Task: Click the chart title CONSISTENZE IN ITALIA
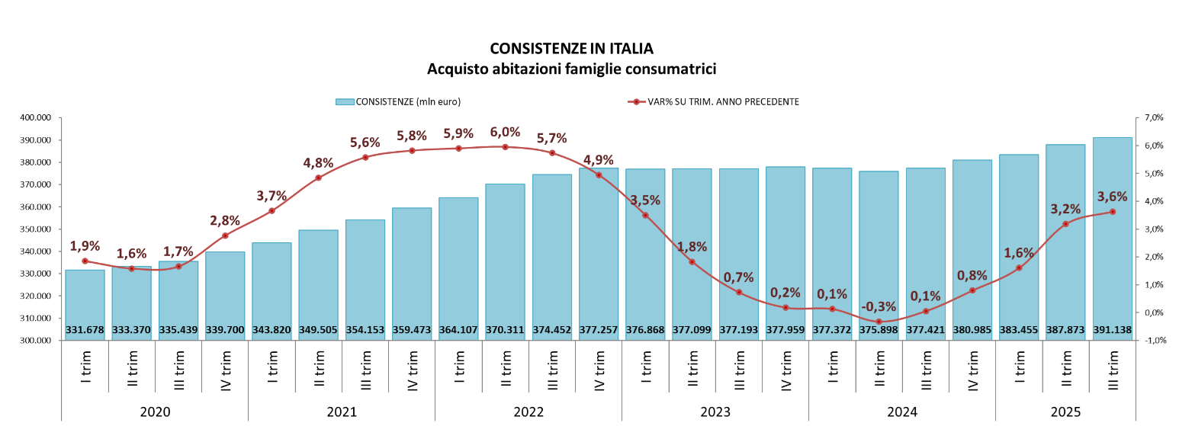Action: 571,49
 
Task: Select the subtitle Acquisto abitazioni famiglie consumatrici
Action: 571,69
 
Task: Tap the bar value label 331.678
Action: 85,330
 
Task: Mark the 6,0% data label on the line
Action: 505,131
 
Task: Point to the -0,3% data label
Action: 879,306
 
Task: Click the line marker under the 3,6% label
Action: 1113,212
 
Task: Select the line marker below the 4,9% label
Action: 599,175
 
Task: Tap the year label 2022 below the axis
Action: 528,412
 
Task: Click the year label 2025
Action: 1065,412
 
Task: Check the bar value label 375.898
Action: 879,330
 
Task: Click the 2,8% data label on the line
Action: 225,221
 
